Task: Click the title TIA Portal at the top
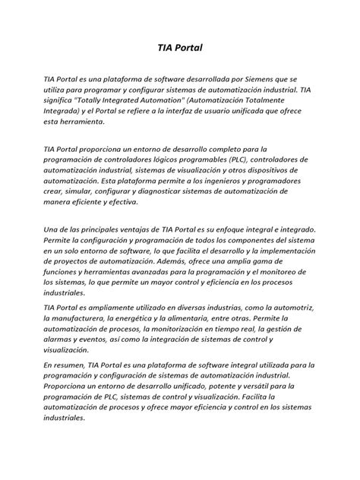tap(180, 48)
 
